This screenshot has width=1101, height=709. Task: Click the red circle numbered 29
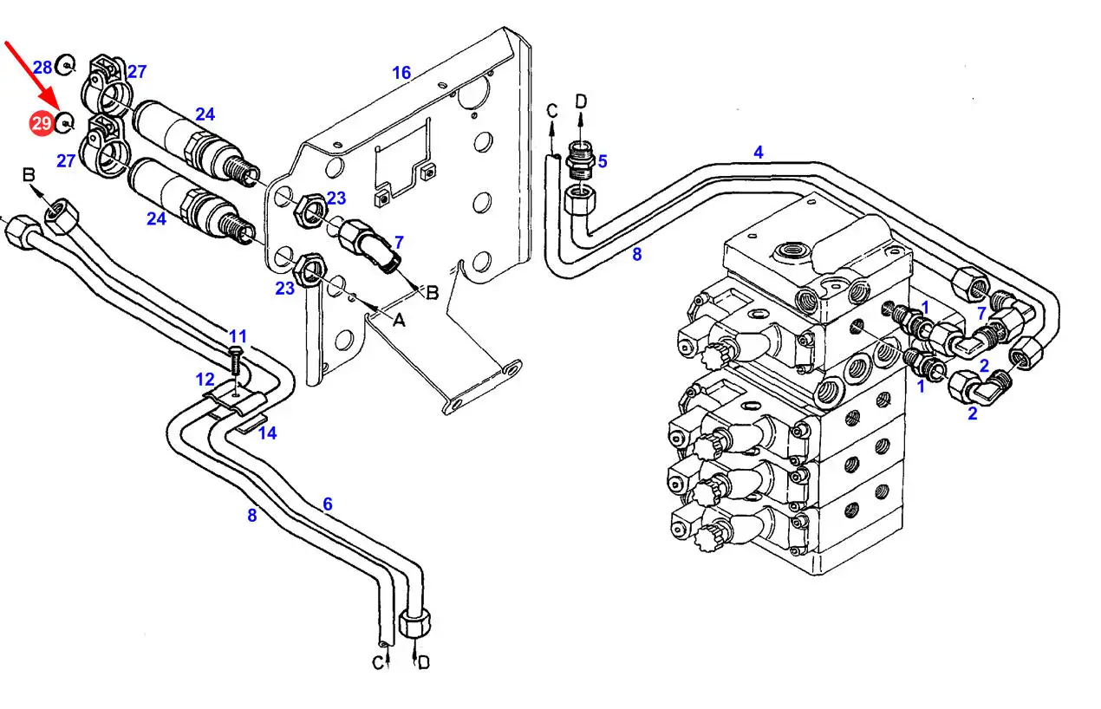tap(42, 123)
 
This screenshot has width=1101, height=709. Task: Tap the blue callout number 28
tap(42, 68)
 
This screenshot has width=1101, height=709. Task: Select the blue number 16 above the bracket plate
tap(401, 73)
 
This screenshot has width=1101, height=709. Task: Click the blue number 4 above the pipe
tap(759, 152)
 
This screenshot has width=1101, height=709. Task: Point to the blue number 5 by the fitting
tap(603, 161)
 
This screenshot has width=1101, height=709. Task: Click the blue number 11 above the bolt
tap(238, 336)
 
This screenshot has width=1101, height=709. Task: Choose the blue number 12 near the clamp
tap(205, 380)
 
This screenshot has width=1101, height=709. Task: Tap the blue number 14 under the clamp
tap(267, 433)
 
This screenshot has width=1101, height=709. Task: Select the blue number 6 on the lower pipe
tap(328, 504)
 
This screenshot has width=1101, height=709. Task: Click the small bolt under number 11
tap(237, 361)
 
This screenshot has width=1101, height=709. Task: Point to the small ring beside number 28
tap(65, 65)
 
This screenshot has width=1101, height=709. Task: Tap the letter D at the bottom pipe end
tap(423, 663)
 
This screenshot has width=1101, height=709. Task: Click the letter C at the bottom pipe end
tap(377, 663)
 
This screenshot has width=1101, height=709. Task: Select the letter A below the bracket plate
tap(399, 321)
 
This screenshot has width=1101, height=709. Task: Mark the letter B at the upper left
tap(29, 175)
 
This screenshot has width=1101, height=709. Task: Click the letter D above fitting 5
tap(581, 101)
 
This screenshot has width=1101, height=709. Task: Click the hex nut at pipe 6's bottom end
tap(415, 622)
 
